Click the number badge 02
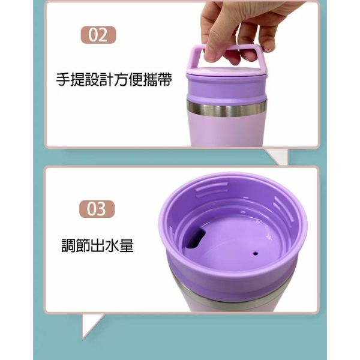tap(98, 35)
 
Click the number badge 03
tap(97, 209)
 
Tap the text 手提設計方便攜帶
tap(114, 80)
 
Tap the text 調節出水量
tap(97, 245)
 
